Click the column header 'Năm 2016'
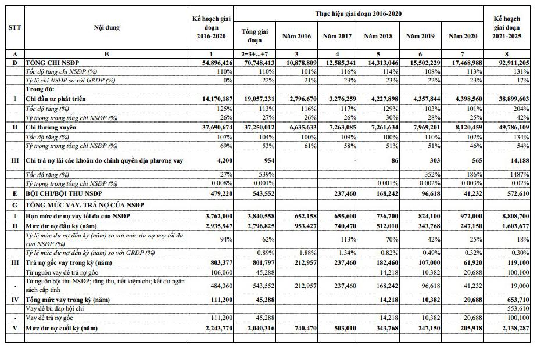pyautogui.click(x=296, y=36)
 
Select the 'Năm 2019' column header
pyautogui.click(x=420, y=36)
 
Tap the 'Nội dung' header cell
pyautogui.click(x=107, y=27)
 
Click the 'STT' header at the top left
pyautogui.click(x=15, y=27)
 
